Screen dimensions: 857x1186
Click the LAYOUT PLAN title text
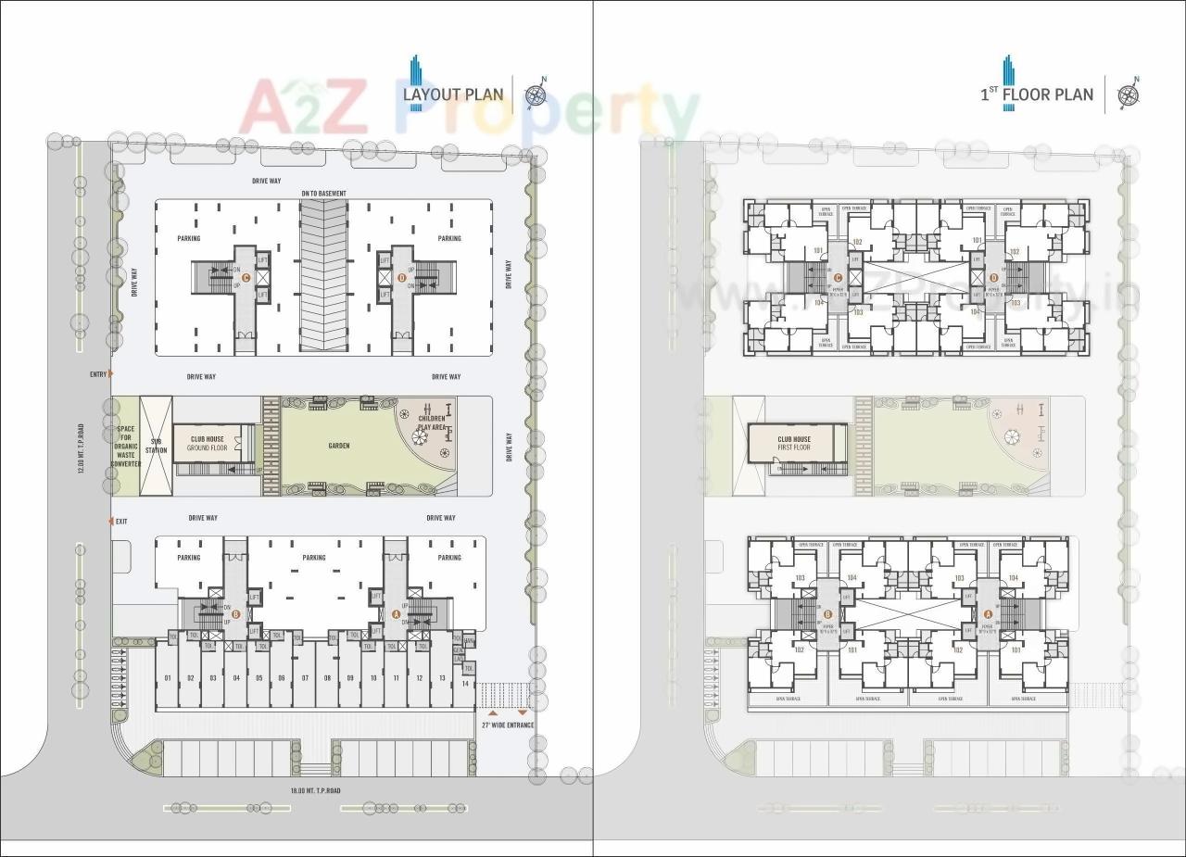pos(453,94)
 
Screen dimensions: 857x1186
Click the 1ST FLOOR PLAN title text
pos(1037,94)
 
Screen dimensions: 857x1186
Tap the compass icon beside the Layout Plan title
pos(536,94)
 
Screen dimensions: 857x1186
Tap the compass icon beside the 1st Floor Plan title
pos(1129,94)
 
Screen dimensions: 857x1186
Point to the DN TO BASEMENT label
pos(323,194)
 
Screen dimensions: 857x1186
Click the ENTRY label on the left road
pos(98,374)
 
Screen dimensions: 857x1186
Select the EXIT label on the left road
pos(121,522)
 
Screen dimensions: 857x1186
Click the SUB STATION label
pos(156,446)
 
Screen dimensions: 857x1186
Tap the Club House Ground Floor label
pos(208,444)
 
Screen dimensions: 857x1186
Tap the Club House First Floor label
pos(794,444)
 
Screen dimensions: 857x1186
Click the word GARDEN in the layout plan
pos(339,446)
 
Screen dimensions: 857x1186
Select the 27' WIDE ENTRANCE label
pos(507,725)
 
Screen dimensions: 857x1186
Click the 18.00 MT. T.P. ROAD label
pos(315,791)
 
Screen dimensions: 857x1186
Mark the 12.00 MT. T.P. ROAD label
pos(82,448)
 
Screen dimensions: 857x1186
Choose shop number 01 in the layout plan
pos(168,679)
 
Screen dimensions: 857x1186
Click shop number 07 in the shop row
pos(304,679)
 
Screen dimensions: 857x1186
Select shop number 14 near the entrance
pos(465,684)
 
